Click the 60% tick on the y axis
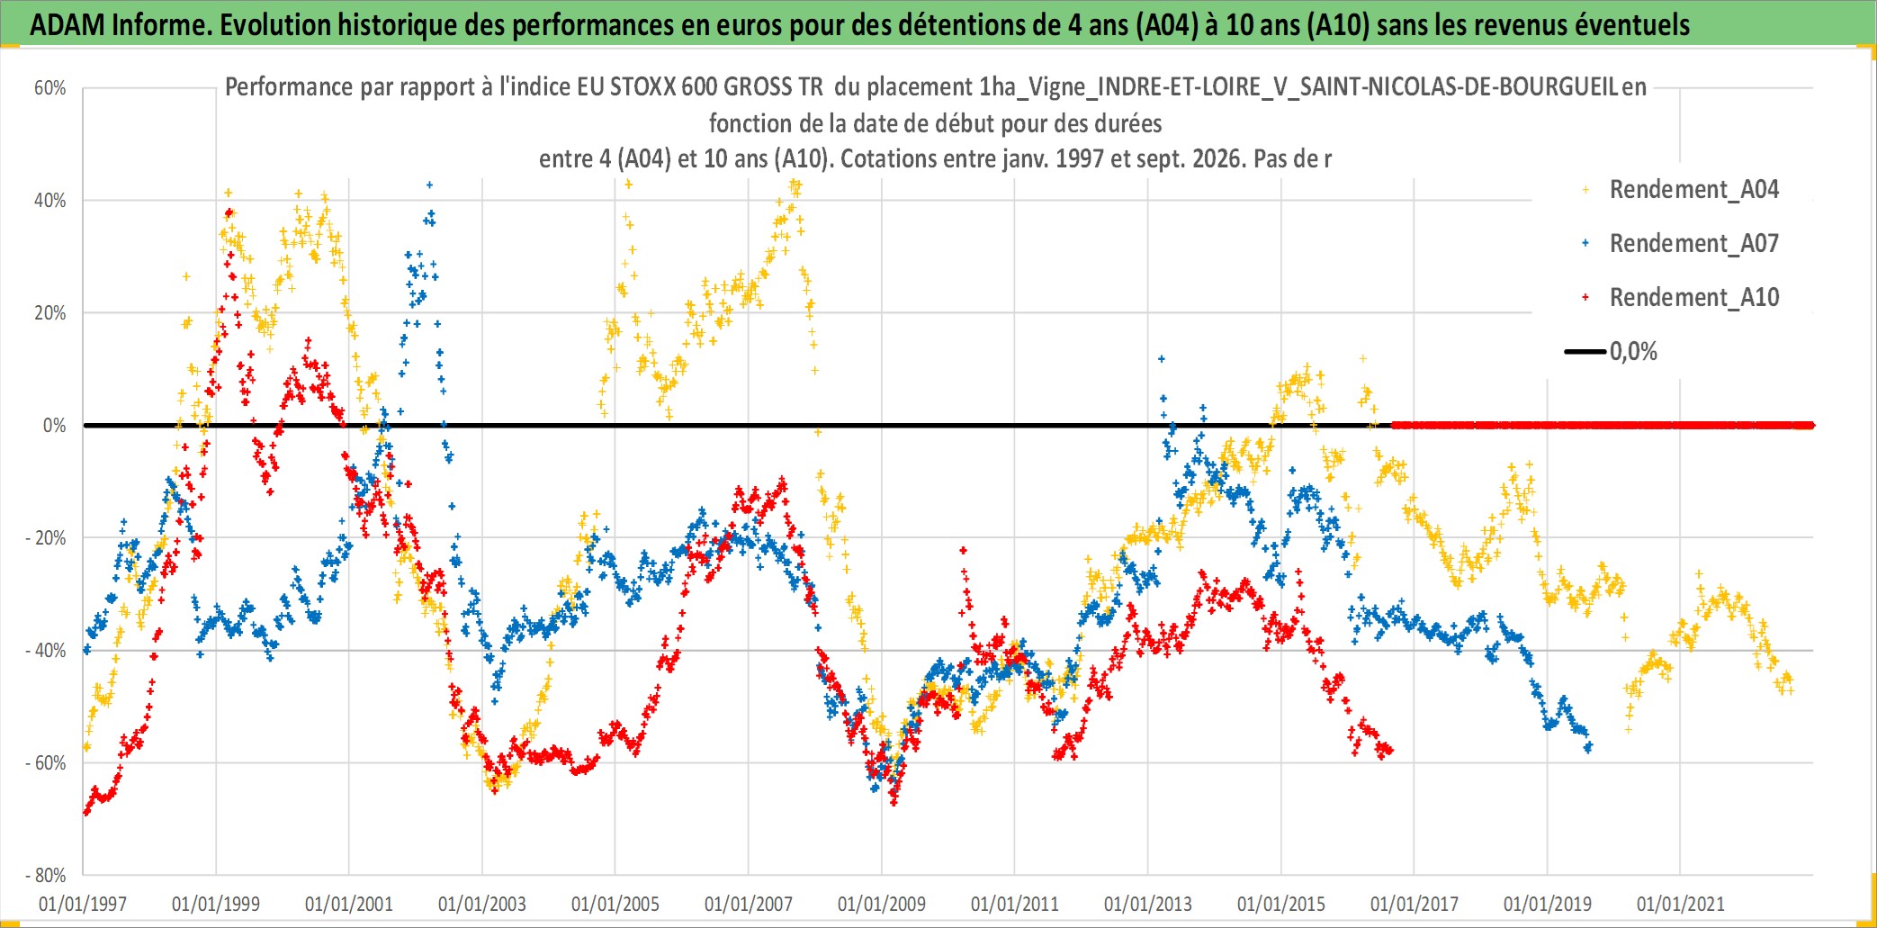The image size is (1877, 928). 50,88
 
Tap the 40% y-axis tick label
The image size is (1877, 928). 50,201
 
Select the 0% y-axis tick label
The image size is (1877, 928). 55,426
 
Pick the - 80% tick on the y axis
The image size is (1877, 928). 46,876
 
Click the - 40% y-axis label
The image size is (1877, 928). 46,651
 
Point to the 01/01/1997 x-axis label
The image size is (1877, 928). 83,904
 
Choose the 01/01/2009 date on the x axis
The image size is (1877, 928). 882,904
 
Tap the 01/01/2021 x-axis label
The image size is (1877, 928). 1681,904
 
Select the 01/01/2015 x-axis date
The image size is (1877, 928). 1281,904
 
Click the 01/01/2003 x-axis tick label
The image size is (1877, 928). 482,904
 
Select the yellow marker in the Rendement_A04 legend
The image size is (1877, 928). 1585,190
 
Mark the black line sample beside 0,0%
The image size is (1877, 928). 1585,352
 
